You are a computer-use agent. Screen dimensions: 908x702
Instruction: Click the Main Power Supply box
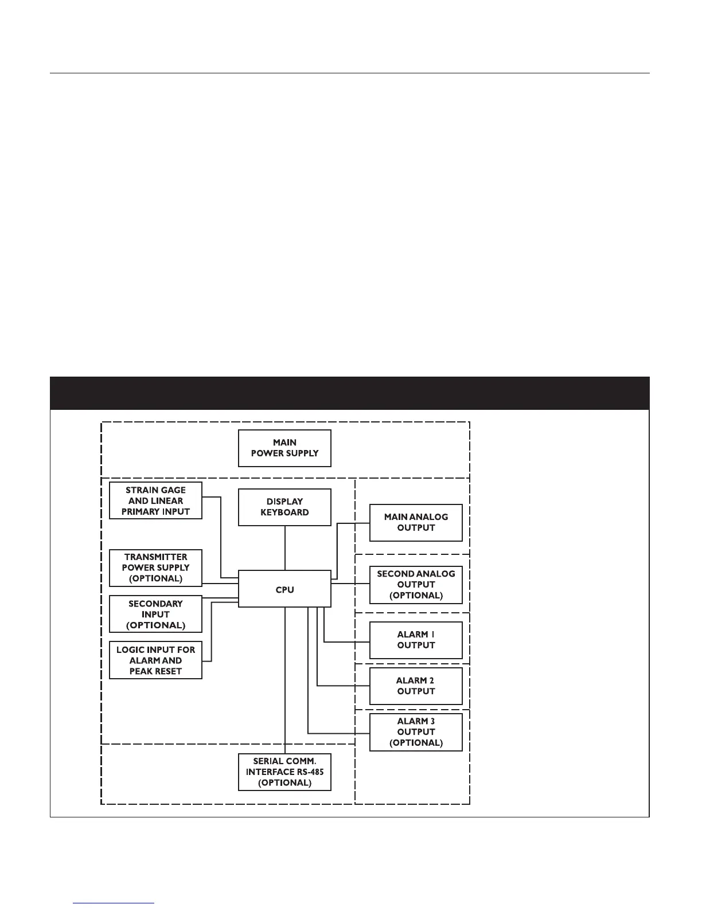pos(284,448)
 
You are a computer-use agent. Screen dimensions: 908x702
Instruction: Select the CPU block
pos(284,589)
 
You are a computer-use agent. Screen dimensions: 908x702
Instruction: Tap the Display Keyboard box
pos(284,507)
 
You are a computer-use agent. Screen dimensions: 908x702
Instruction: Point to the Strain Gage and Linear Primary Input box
pos(155,500)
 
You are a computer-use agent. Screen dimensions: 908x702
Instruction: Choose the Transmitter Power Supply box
pos(155,567)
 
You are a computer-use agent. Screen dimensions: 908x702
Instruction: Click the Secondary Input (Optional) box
pos(155,614)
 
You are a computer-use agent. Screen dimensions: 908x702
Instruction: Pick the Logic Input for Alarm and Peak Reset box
pos(155,660)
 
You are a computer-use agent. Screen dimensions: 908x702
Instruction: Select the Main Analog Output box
pos(416,522)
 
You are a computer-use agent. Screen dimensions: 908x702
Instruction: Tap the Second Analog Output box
pos(416,584)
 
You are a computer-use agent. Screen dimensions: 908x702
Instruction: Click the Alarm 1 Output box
pos(416,640)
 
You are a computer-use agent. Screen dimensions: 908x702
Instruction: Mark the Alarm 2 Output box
pos(416,686)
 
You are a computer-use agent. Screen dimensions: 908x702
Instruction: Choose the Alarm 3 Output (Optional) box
pos(416,731)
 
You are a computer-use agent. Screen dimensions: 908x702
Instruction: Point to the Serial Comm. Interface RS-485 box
pos(284,772)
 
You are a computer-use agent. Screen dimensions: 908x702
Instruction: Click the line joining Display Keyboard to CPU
pos(285,548)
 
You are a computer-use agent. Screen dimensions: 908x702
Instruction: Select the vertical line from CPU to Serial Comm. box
pos(285,682)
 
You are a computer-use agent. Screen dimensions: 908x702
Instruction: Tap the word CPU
pos(284,589)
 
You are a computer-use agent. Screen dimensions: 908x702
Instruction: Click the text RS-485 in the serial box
pos(310,772)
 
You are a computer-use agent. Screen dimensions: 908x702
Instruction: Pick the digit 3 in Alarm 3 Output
pos(432,721)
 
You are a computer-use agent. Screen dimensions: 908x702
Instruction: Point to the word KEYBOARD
pos(284,512)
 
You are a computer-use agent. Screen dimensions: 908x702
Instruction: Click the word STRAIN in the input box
pos(140,490)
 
